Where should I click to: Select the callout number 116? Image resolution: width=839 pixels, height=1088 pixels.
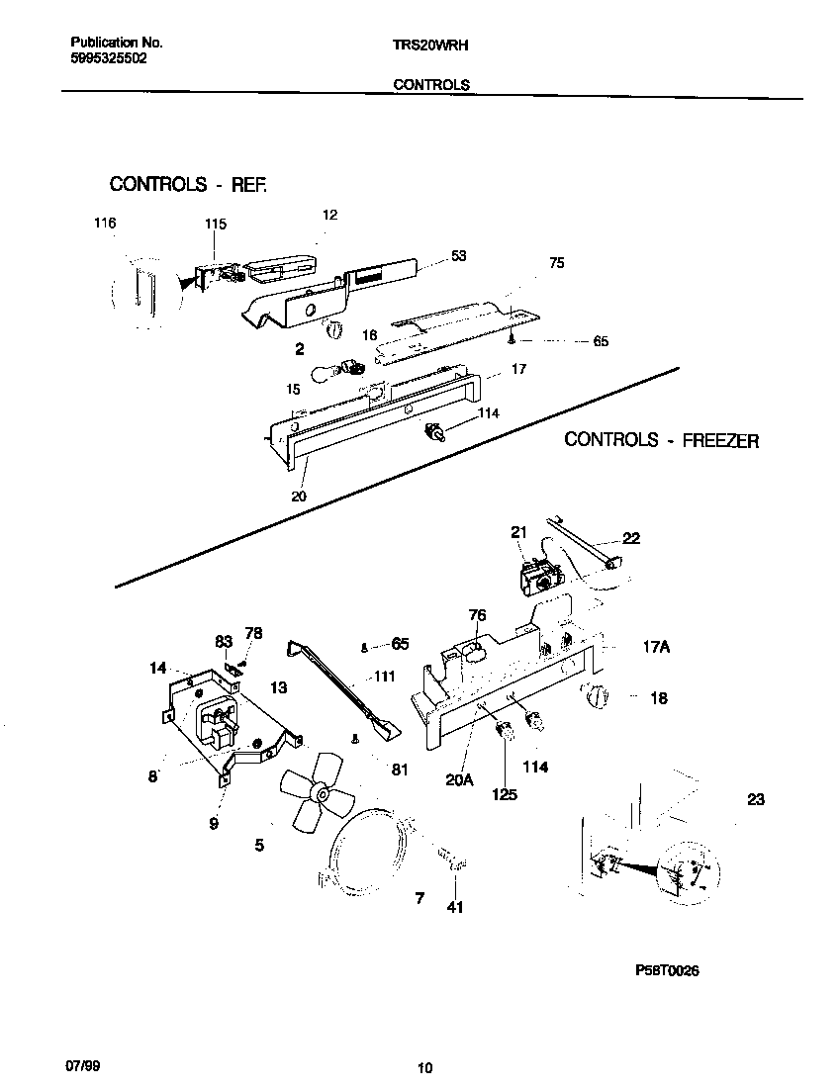105,224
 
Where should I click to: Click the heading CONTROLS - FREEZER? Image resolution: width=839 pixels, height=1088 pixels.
661,440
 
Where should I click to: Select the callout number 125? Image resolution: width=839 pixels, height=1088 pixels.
505,794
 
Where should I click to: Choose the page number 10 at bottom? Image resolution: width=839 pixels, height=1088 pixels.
424,1067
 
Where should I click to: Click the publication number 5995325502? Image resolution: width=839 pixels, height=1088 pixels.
109,58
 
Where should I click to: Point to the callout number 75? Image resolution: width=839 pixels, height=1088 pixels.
557,263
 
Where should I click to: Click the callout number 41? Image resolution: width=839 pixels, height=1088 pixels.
454,907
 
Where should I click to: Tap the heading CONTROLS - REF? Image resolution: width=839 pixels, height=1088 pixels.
188,184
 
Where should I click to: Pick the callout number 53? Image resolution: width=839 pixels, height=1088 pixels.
458,256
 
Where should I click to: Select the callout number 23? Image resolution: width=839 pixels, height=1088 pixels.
756,800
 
